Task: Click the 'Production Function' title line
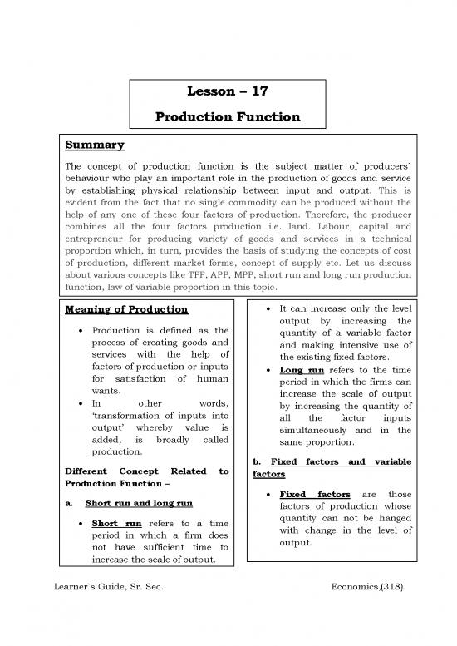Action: coord(228,119)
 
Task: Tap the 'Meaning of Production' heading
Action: coord(124,311)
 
